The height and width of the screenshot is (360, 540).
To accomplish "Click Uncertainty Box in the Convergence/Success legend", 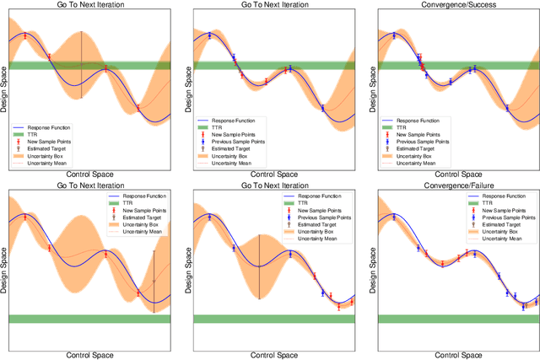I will click(x=419, y=156).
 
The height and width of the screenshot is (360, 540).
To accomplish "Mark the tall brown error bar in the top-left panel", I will click(x=81, y=65).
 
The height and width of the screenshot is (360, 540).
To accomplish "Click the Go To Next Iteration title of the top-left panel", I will click(x=89, y=6).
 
